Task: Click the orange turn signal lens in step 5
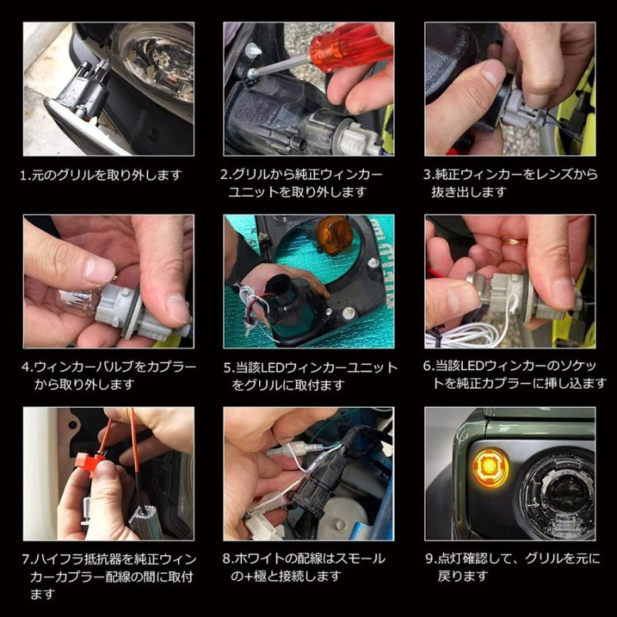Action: click(x=333, y=235)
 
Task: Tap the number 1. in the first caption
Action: click(x=26, y=175)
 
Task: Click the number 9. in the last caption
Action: click(x=431, y=558)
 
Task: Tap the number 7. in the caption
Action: click(x=27, y=558)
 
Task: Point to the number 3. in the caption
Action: click(x=431, y=175)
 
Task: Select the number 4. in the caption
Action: click(x=27, y=368)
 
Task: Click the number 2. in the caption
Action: click(x=227, y=175)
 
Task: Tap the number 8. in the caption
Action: click(x=228, y=558)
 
